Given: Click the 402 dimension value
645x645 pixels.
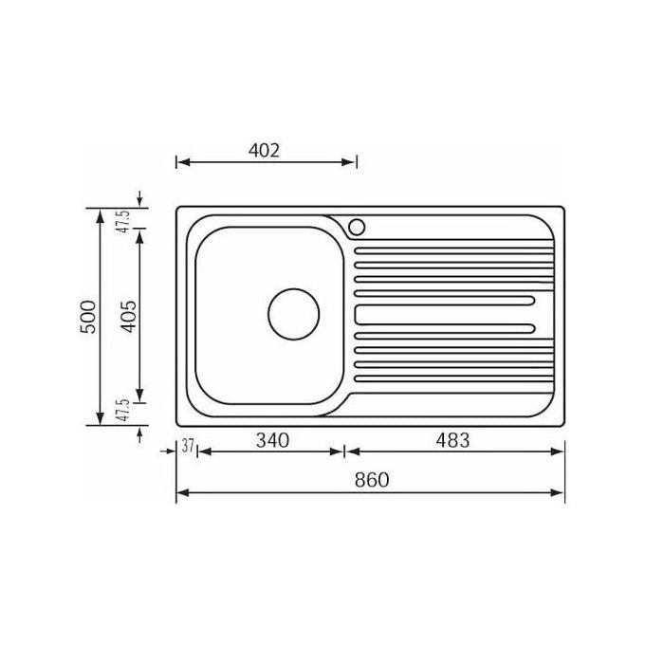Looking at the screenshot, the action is click(264, 151).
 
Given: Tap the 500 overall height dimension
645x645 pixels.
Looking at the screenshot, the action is click(88, 317).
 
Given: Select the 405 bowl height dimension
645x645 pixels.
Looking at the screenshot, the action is click(128, 317).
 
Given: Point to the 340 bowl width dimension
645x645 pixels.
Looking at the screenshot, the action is click(272, 440).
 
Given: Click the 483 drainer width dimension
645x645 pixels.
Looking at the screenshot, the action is click(452, 440).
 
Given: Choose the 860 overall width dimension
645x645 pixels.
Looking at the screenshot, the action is click(372, 480).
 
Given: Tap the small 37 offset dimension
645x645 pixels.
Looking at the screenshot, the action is click(188, 446).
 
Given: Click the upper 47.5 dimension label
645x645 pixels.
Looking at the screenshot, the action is click(124, 222).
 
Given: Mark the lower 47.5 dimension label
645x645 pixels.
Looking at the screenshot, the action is click(124, 410).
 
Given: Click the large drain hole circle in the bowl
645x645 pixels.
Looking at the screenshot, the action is click(294, 288).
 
